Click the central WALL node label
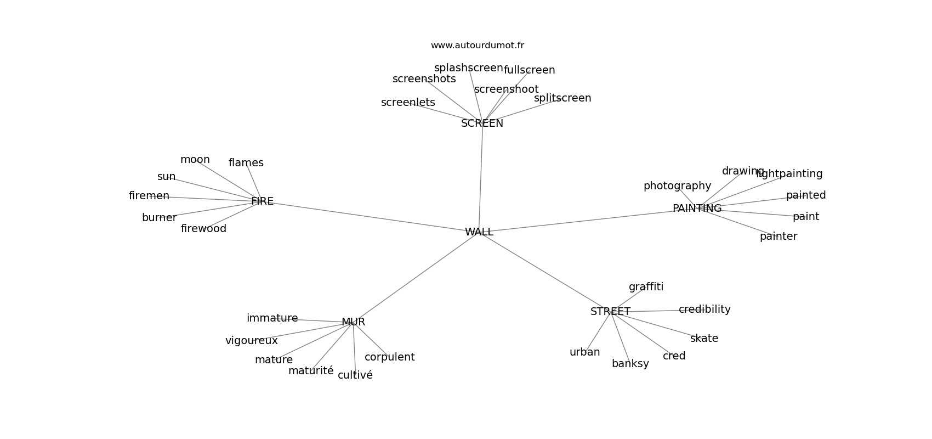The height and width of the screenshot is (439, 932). [479, 232]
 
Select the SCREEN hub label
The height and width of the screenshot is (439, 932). [482, 123]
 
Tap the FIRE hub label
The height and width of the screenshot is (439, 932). [262, 201]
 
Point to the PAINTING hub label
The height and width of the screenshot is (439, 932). [697, 209]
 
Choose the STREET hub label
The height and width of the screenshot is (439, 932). [610, 312]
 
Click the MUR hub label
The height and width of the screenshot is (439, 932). [353, 322]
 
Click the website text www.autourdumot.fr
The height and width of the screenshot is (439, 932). [477, 46]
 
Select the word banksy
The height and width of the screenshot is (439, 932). [630, 364]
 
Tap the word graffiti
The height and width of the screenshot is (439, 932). [646, 287]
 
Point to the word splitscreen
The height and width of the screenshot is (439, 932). [562, 98]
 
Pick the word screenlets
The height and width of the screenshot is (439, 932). [408, 103]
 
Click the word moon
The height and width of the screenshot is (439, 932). [195, 160]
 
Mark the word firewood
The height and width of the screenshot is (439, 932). [203, 229]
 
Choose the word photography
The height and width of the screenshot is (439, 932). [677, 186]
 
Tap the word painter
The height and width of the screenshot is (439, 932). [778, 237]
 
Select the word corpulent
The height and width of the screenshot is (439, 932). [389, 357]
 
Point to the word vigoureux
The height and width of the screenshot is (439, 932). [251, 341]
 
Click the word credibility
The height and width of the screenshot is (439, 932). [704, 309]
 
